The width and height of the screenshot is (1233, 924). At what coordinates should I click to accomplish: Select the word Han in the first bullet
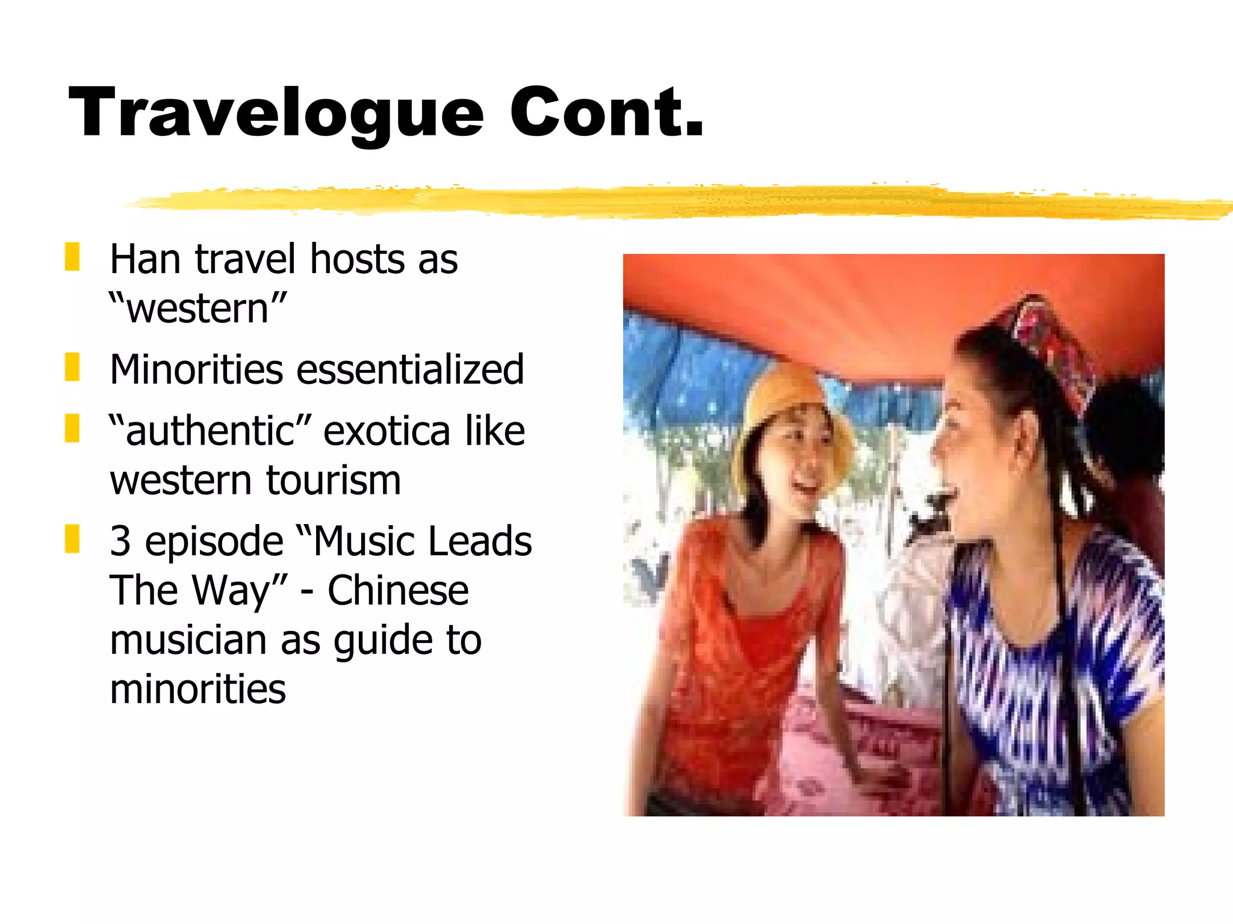(x=145, y=259)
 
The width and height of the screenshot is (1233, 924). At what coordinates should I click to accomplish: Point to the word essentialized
(x=410, y=369)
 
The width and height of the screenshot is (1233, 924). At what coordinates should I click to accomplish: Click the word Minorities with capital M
(x=196, y=369)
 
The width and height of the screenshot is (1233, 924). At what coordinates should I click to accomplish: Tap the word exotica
(x=387, y=431)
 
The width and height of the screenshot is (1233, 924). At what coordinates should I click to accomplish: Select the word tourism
(x=334, y=481)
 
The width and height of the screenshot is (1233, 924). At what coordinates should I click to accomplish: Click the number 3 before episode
(x=120, y=541)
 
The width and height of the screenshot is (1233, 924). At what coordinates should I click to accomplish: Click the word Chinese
(x=398, y=591)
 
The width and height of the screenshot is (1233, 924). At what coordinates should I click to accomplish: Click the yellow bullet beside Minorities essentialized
(x=72, y=368)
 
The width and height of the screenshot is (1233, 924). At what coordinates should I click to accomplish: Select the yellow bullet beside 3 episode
(x=72, y=538)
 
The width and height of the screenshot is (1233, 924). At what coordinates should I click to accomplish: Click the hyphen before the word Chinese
(x=306, y=593)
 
